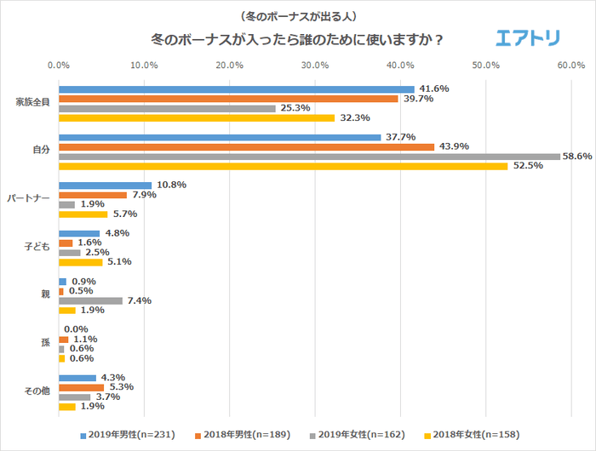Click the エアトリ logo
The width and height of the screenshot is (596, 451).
(x=528, y=38)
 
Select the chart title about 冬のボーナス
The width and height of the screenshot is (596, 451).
(x=296, y=39)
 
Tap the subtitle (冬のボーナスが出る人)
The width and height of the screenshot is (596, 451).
(x=297, y=16)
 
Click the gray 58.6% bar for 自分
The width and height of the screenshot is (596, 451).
(x=309, y=157)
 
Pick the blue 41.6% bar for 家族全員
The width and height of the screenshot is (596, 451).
(x=237, y=89)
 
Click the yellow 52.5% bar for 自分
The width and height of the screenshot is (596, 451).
(x=283, y=166)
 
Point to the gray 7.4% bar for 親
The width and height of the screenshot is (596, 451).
(x=90, y=300)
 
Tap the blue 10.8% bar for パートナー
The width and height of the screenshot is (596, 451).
(x=105, y=185)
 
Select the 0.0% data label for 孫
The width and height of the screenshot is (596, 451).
(x=76, y=329)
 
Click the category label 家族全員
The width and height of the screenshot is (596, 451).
(x=33, y=103)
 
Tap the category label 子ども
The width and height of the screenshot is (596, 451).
(x=37, y=248)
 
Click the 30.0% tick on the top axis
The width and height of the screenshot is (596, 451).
(x=315, y=65)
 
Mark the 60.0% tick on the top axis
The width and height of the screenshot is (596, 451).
(x=571, y=65)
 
